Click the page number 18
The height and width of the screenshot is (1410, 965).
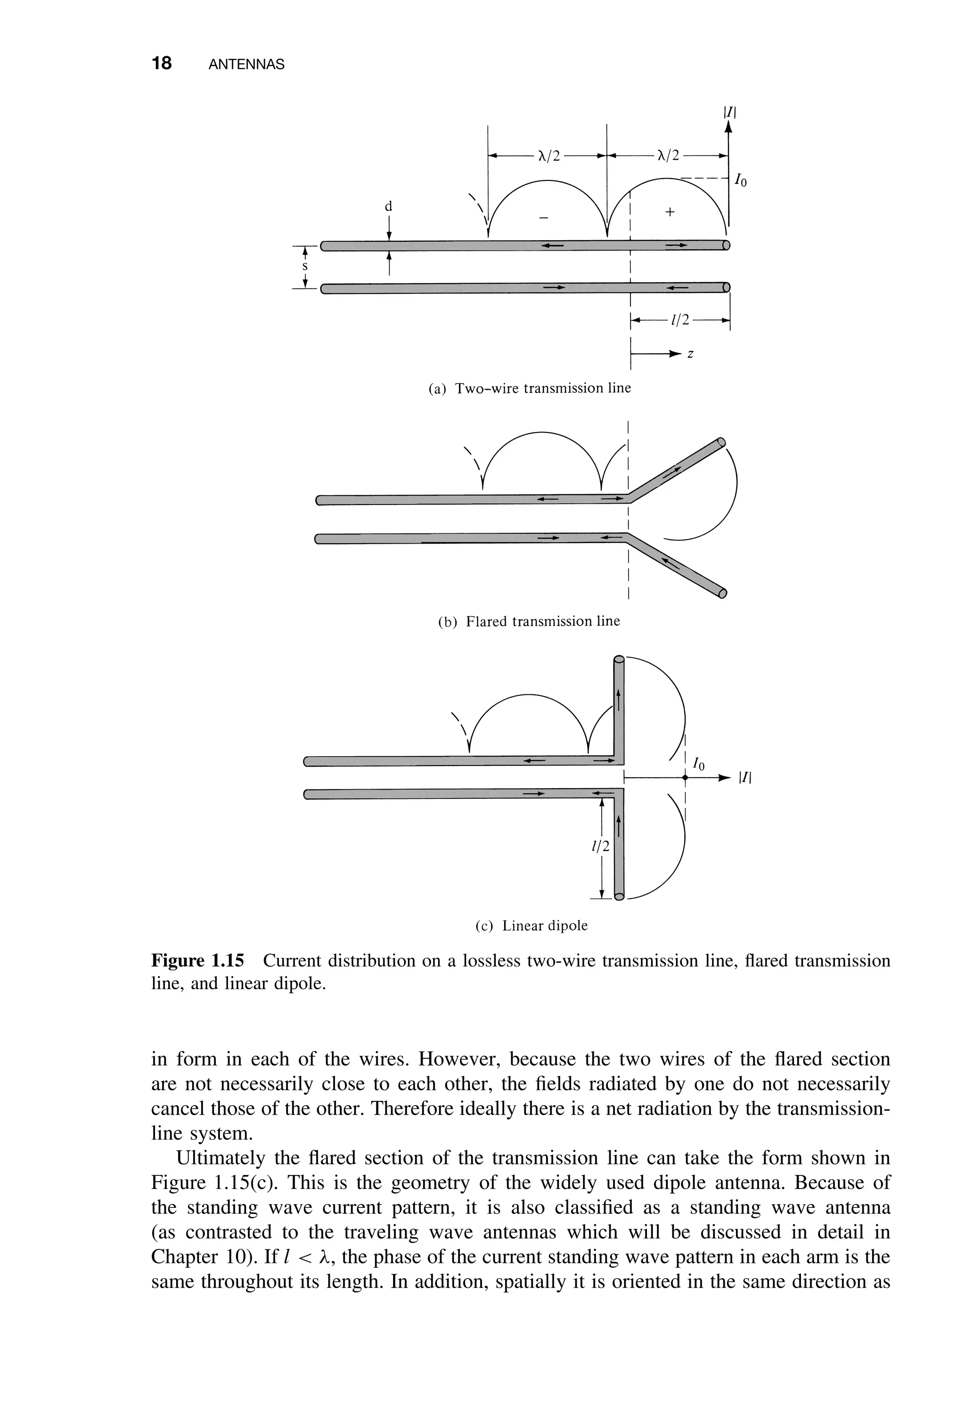point(162,63)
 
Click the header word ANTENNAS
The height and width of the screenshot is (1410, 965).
point(246,65)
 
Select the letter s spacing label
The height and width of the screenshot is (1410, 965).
point(305,266)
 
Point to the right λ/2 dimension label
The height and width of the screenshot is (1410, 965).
point(668,156)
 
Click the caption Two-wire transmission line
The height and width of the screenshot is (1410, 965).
point(530,388)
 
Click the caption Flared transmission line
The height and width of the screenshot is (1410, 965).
point(529,622)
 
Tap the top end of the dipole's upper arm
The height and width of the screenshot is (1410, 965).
point(619,659)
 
